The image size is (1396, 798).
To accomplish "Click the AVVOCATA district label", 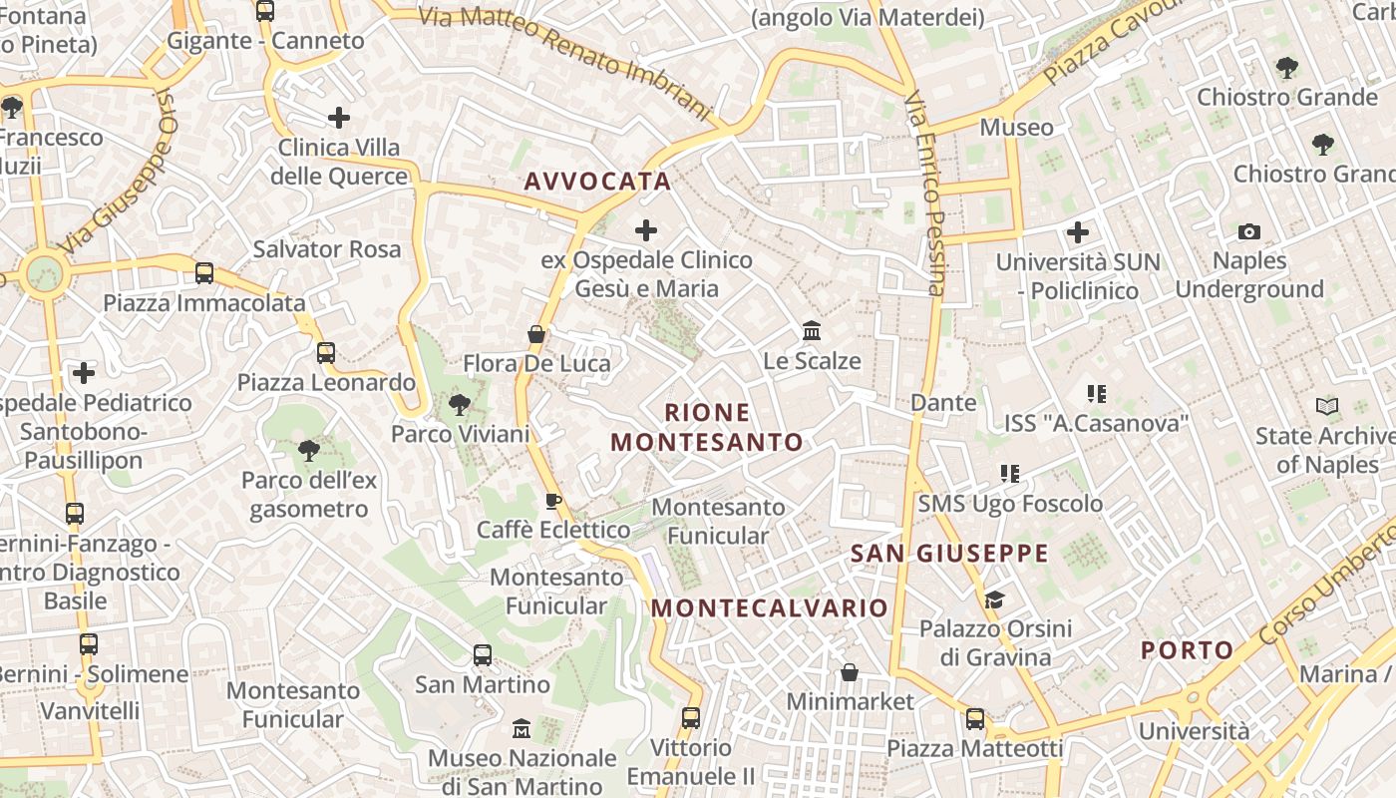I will point(597,182).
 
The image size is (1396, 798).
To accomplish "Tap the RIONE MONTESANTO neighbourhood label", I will point(707,427).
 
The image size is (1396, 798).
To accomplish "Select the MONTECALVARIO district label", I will point(769,607).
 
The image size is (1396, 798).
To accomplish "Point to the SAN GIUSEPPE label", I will point(949,554).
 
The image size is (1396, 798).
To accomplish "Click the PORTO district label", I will point(1187,650).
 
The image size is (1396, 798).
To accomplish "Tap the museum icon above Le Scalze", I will point(812,330).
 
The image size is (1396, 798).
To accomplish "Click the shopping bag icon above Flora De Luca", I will point(536,334).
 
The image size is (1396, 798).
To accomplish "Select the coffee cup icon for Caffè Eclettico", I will point(553,501).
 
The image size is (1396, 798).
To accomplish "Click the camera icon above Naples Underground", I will point(1248,232).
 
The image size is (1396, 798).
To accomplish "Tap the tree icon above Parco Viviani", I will point(460,404).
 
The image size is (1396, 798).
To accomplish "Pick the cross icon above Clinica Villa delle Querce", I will point(339,118).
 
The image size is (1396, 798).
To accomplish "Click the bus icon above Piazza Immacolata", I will point(204,272).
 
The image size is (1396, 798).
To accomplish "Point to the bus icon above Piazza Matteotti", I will point(974,718).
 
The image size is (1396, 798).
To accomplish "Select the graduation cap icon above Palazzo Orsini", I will point(994,599).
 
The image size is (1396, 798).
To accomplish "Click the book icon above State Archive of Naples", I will point(1327,406).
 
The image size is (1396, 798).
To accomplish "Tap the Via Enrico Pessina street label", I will point(925,195).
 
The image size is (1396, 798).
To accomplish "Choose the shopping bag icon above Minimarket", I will point(850,672).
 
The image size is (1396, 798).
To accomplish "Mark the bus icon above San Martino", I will point(483,655).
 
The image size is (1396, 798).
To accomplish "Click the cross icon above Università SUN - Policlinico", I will point(1078,233).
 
